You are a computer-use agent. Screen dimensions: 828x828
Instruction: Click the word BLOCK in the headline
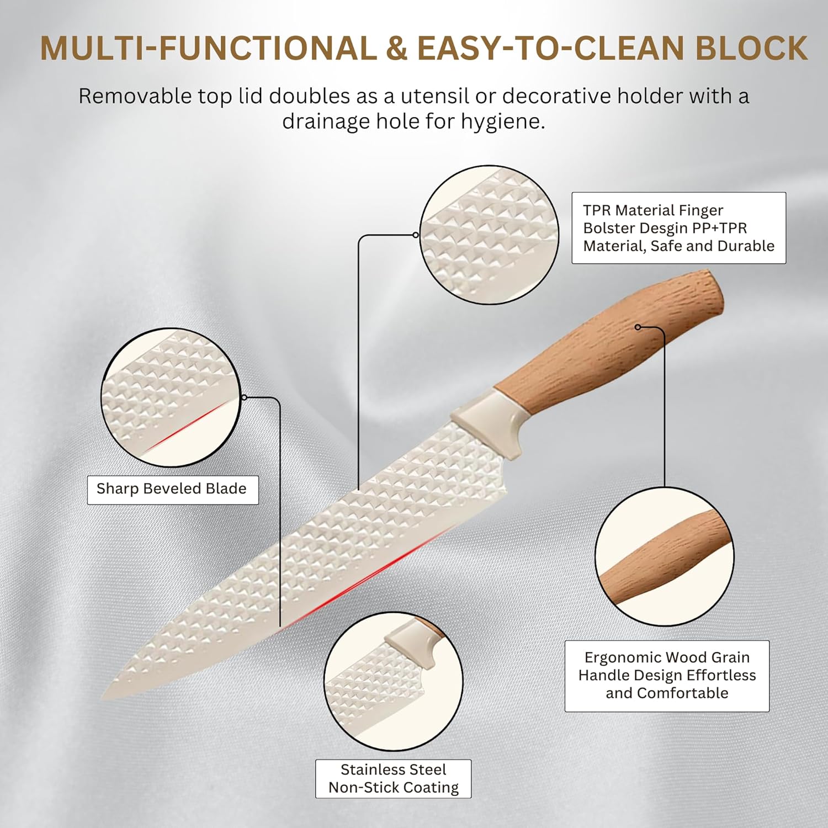click(751, 48)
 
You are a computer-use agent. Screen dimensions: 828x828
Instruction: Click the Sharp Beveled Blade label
click(173, 490)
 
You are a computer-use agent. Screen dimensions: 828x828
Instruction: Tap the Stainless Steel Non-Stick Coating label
click(394, 778)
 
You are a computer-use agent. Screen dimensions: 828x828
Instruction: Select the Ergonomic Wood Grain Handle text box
click(667, 676)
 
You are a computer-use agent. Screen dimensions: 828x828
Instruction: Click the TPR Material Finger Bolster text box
click(678, 228)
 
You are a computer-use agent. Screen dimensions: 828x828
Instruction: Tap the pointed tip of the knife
click(103, 698)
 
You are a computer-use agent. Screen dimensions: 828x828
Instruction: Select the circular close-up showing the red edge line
click(171, 398)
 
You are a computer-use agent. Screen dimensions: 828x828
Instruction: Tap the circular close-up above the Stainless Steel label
click(393, 681)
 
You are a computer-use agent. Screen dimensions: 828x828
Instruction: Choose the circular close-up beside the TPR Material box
click(489, 235)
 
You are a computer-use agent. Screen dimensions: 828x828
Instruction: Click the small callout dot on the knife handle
click(638, 327)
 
